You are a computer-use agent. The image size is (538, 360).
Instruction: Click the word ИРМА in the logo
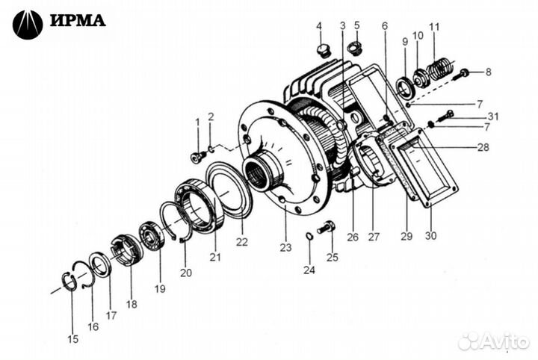pos(78,20)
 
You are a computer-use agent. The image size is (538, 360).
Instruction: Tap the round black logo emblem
pos(28,25)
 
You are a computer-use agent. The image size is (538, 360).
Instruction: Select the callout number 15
pos(72,339)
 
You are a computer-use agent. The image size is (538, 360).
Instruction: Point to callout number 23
pos(285,247)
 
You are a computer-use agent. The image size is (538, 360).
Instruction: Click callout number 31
pos(493,117)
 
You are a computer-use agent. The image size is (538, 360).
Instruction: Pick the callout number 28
pos(483,147)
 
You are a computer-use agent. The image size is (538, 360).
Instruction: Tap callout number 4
pos(319,25)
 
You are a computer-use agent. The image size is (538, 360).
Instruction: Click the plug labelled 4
pos(323,50)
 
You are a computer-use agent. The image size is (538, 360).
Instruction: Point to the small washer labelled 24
pos(309,236)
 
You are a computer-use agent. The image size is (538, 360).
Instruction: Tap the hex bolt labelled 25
pos(327,227)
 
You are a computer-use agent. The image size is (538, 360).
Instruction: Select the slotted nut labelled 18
pos(126,249)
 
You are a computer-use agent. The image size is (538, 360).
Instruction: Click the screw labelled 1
pos(198,158)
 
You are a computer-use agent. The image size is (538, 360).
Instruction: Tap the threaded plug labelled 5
pos(356,47)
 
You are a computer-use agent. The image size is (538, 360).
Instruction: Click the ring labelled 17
pos(100,264)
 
